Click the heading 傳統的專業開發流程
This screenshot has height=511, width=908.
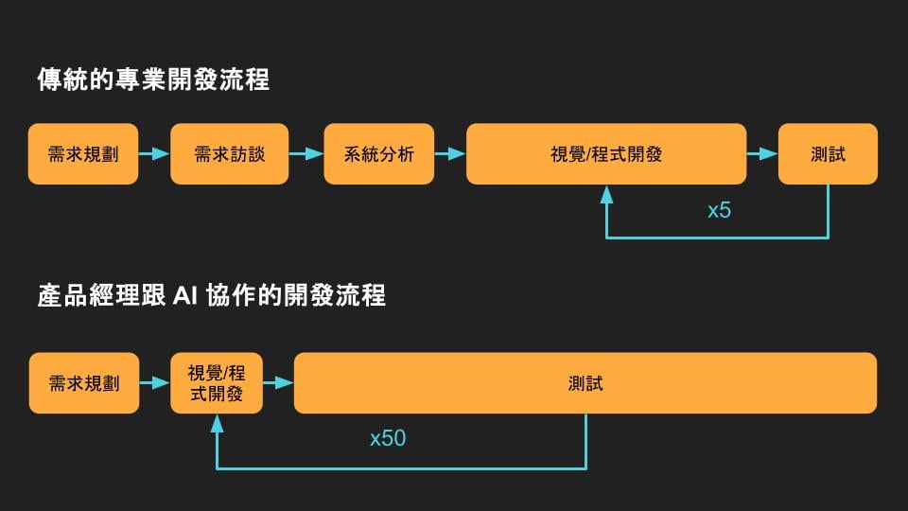[153, 79]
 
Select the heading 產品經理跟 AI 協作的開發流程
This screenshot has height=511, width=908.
[211, 295]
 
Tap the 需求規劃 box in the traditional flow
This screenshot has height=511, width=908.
[83, 153]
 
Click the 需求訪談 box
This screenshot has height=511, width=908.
[229, 153]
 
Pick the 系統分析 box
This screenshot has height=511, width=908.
[378, 153]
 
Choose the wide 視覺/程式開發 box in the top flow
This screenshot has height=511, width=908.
[605, 153]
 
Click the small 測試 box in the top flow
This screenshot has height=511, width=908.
[828, 153]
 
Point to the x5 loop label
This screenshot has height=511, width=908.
[719, 210]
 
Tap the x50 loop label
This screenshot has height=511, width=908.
[388, 439]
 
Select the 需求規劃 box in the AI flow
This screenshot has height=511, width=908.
[83, 383]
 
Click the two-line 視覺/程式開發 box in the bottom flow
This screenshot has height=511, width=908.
[217, 383]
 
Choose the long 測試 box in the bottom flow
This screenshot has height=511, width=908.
[585, 383]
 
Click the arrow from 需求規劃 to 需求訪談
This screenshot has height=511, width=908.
[153, 153]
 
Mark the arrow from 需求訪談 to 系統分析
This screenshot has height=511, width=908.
[306, 153]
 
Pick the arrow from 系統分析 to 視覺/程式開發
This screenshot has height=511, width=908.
[450, 153]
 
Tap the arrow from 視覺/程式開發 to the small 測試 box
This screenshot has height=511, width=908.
[761, 153]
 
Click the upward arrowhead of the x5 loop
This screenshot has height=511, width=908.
[606, 193]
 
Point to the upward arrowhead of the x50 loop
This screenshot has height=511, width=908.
[217, 423]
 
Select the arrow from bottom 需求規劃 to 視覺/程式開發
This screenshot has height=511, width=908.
[154, 383]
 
